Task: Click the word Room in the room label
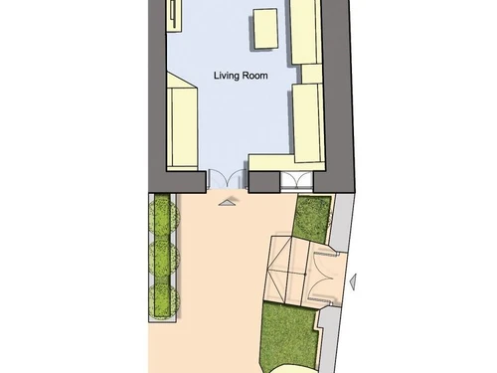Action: click(x=254, y=76)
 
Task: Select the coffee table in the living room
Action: click(x=265, y=29)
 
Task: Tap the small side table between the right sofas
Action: click(x=311, y=74)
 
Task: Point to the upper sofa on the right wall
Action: click(x=306, y=32)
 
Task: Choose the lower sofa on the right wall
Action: click(x=308, y=123)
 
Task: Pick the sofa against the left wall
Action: click(x=182, y=121)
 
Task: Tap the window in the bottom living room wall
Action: click(x=296, y=182)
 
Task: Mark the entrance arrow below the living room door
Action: click(x=227, y=202)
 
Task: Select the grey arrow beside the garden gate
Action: click(x=353, y=282)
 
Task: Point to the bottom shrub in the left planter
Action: click(x=163, y=299)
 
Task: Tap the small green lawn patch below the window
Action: click(x=312, y=219)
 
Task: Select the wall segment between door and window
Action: click(x=264, y=182)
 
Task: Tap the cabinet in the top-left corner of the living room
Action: click(x=174, y=16)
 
